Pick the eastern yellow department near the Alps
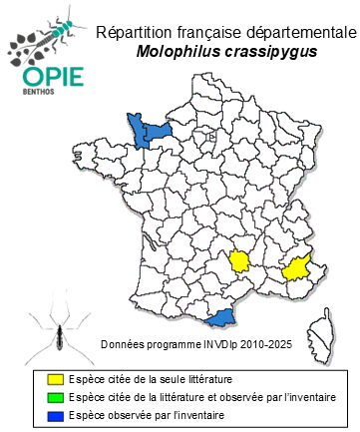coord(295,268)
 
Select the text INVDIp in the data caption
coord(220,344)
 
